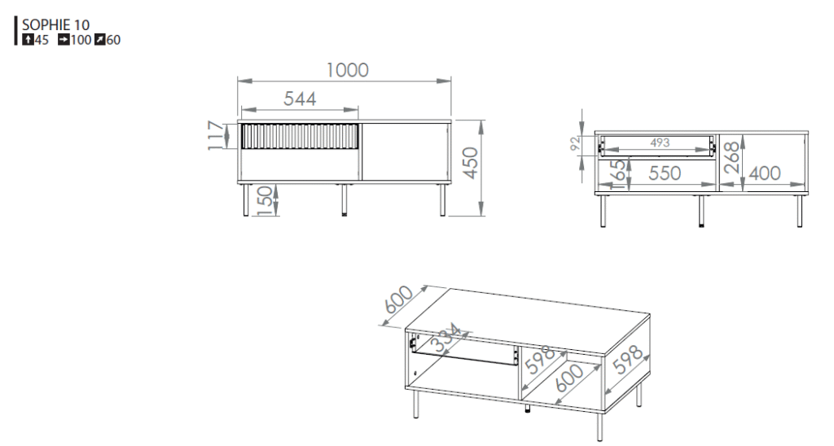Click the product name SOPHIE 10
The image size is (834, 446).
click(55, 24)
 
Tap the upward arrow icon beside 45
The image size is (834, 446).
click(28, 39)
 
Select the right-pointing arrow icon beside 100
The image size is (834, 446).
click(64, 39)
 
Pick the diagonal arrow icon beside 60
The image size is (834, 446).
click(99, 39)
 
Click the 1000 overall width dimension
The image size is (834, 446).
click(347, 70)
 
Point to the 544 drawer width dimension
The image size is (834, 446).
click(300, 98)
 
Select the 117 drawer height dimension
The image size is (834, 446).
click(215, 136)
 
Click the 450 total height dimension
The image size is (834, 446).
click(470, 163)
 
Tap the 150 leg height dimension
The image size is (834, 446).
click(265, 200)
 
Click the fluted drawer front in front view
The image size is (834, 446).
click(300, 136)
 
